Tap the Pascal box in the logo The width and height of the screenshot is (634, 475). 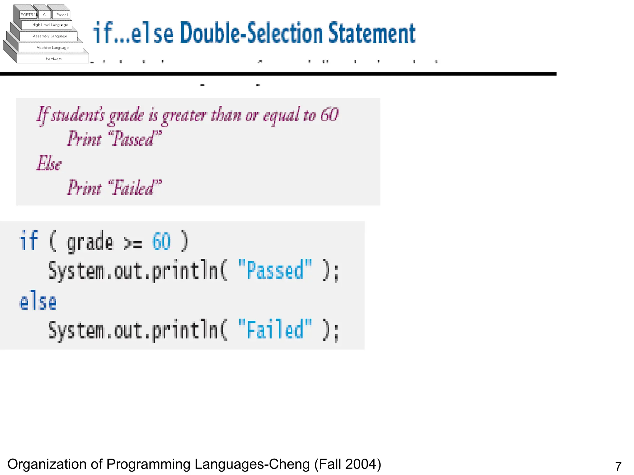pyautogui.click(x=62, y=15)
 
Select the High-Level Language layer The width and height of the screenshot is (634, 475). pyautogui.click(x=50, y=25)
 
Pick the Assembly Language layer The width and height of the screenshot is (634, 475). pyautogui.click(x=50, y=36)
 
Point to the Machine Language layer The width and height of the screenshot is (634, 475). pyautogui.click(x=52, y=48)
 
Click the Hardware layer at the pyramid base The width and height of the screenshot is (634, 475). pyautogui.click(x=54, y=59)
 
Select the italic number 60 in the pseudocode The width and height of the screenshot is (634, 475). pyautogui.click(x=329, y=115)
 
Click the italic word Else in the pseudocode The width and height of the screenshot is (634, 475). pyautogui.click(x=49, y=163)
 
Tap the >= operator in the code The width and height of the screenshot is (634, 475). pyautogui.click(x=133, y=243)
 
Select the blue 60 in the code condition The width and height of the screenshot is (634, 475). pyautogui.click(x=161, y=241)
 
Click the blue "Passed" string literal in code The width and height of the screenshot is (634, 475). pyautogui.click(x=275, y=270)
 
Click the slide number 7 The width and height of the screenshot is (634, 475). pyautogui.click(x=618, y=466)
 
